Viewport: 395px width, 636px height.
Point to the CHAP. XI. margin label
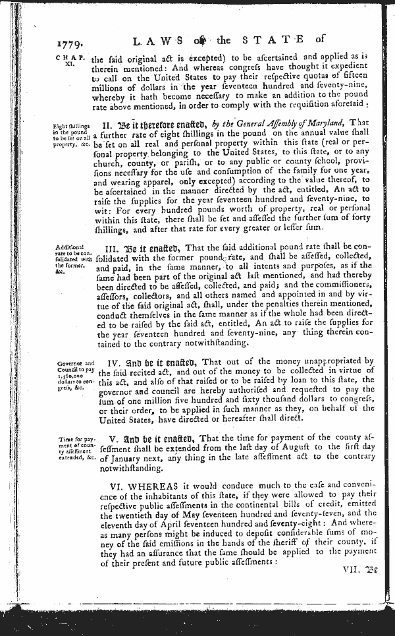[x=68, y=62]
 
